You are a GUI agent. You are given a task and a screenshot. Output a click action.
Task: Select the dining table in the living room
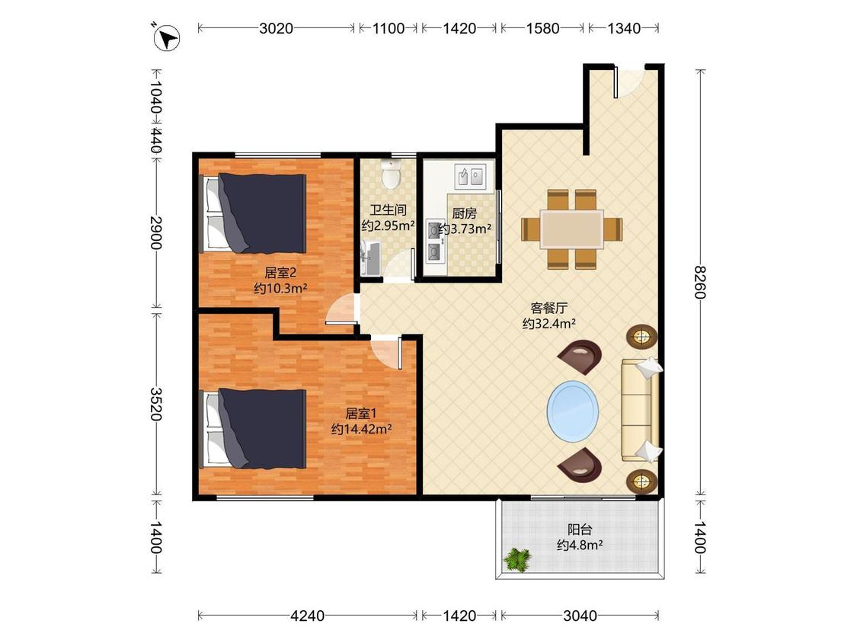click(571, 229)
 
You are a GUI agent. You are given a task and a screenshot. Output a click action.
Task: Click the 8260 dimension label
click(700, 282)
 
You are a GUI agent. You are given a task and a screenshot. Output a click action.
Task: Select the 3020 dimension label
click(276, 28)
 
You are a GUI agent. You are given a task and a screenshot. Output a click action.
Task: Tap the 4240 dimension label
click(307, 616)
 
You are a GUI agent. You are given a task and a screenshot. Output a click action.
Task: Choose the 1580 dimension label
click(542, 28)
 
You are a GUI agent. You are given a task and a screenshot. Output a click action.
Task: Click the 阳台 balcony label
click(580, 529)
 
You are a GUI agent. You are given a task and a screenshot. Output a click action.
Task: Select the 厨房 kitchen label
click(464, 214)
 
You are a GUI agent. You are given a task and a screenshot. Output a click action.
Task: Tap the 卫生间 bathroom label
click(388, 210)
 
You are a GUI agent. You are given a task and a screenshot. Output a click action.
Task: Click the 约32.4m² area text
click(548, 324)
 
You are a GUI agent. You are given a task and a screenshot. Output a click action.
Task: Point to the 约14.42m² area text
click(361, 429)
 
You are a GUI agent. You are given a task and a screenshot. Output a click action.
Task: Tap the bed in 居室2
click(254, 213)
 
